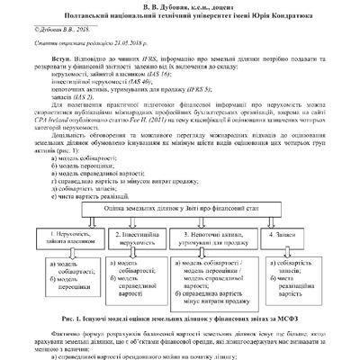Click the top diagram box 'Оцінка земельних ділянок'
179,206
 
